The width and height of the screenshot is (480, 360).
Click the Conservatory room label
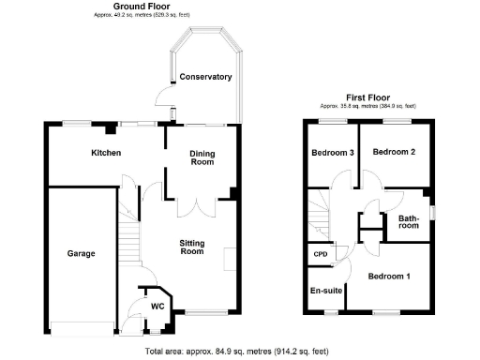pyautogui.click(x=205, y=77)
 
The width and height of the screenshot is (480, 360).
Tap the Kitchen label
pyautogui.click(x=105, y=153)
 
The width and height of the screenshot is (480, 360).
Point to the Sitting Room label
pyautogui.click(x=192, y=247)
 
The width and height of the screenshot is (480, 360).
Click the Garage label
pyautogui.click(x=81, y=253)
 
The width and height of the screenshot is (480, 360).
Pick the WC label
pyautogui.click(x=157, y=306)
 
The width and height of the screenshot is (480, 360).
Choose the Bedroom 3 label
pyautogui.click(x=332, y=153)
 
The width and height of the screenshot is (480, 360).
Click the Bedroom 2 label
pyautogui.click(x=393, y=151)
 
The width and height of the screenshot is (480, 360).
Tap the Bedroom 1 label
pyautogui.click(x=388, y=277)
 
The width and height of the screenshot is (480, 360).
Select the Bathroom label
pyautogui.click(x=409, y=223)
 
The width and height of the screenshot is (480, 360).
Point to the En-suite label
pyautogui.click(x=324, y=291)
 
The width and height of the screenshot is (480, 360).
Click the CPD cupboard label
pyautogui.click(x=319, y=253)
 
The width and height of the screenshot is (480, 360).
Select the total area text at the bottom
pyautogui.click(x=237, y=352)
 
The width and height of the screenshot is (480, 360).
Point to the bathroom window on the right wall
pyautogui.click(x=430, y=211)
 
